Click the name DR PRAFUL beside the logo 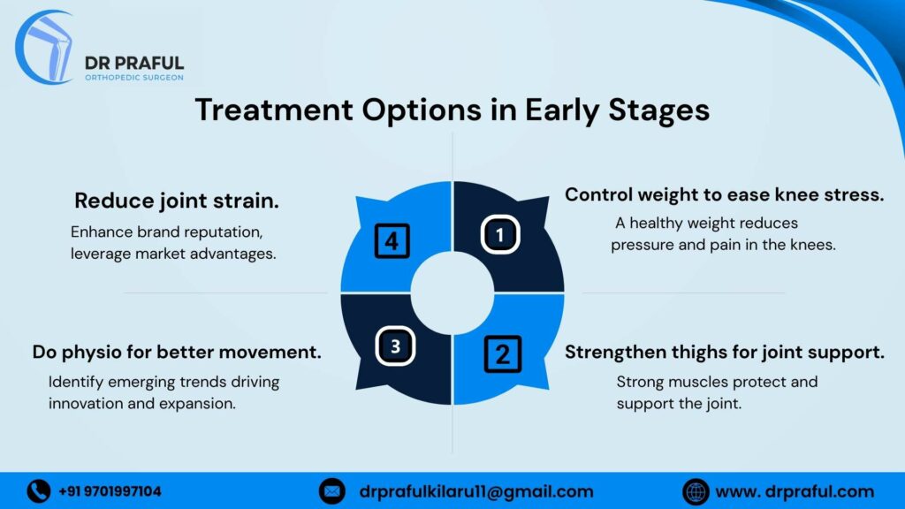pyautogui.click(x=133, y=62)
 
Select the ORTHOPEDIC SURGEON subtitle pyautogui.click(x=133, y=78)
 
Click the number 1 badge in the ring pyautogui.click(x=499, y=234)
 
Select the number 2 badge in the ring pyautogui.click(x=502, y=353)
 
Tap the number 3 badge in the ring pyautogui.click(x=395, y=346)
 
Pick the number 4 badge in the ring pyautogui.click(x=392, y=240)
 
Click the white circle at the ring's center pyautogui.click(x=452, y=293)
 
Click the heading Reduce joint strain pyautogui.click(x=177, y=201)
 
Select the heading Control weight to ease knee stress pyautogui.click(x=724, y=194)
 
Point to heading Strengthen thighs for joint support pyautogui.click(x=724, y=353)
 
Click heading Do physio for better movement pyautogui.click(x=177, y=352)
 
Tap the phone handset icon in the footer pyautogui.click(x=38, y=490)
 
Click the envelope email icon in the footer pyautogui.click(x=331, y=490)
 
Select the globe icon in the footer pyautogui.click(x=696, y=490)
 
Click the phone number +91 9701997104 pyautogui.click(x=110, y=491)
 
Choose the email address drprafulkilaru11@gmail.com pyautogui.click(x=476, y=491)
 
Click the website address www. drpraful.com pyautogui.click(x=794, y=491)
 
